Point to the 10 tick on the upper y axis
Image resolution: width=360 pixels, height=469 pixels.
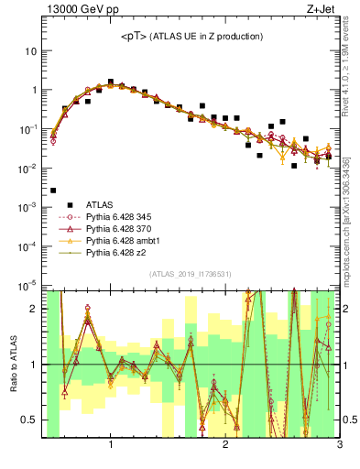29,51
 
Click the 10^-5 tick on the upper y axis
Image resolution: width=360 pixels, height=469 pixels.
27,286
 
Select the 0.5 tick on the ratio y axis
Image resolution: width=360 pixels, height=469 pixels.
28,420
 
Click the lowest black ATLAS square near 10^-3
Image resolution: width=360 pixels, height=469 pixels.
53,191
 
